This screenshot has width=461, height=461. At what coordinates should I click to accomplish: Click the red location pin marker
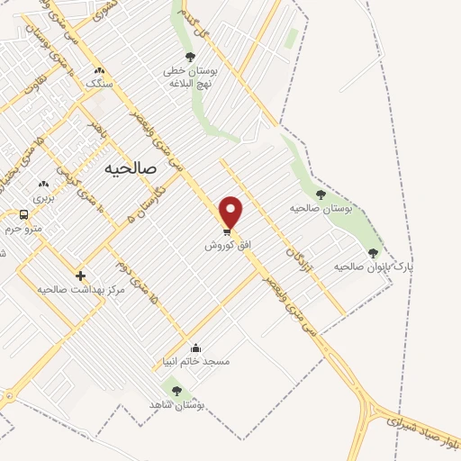[x=231, y=211]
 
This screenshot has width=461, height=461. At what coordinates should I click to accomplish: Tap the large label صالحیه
[x=131, y=168]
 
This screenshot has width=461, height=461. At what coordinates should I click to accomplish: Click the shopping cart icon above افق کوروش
[x=226, y=230]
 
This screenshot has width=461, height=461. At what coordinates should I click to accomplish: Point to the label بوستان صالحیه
[x=322, y=208]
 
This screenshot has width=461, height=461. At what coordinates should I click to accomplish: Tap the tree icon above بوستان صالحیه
[x=321, y=194]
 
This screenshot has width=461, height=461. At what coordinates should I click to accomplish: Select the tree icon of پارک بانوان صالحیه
[x=373, y=253]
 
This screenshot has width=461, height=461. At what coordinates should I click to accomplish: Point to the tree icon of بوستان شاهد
[x=176, y=391]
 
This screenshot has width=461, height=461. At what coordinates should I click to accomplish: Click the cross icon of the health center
[x=81, y=276]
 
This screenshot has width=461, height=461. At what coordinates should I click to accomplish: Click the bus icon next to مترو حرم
[x=23, y=214]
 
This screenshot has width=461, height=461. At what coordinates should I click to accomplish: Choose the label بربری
[x=44, y=196]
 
